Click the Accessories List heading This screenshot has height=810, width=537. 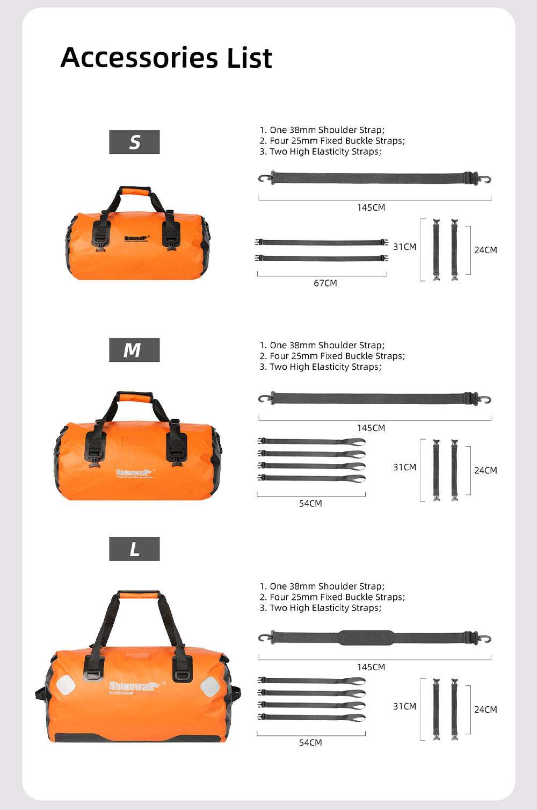point(166,58)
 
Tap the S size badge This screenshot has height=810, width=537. point(134,142)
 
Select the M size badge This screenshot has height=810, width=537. point(134,350)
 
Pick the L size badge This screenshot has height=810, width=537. point(134,549)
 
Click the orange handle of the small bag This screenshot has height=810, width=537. point(135,191)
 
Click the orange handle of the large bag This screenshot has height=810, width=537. point(138,595)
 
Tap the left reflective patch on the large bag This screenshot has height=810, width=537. point(66,684)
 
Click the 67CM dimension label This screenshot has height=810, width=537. point(325,283)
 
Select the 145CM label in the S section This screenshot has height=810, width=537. point(371,207)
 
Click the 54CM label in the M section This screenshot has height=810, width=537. point(310,504)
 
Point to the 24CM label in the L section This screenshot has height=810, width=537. point(485,709)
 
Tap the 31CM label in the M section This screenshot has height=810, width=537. point(404,467)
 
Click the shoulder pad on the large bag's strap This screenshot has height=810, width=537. point(366,637)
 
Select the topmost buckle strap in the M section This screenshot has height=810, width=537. point(311,442)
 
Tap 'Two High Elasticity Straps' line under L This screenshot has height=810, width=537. point(325,608)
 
